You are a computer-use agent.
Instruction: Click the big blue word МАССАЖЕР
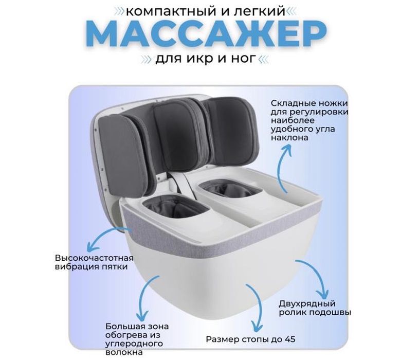(206, 35)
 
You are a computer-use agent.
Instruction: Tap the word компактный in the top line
(171, 12)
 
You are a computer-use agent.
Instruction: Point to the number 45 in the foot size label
(290, 339)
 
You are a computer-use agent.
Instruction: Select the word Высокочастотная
(94, 258)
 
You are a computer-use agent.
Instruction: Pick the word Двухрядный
(307, 303)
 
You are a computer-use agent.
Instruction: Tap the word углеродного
(134, 344)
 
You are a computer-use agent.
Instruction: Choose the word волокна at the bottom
(124, 352)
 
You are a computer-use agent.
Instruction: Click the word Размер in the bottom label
(222, 339)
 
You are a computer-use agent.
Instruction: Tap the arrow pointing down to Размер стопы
(257, 304)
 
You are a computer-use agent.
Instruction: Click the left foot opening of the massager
(174, 209)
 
